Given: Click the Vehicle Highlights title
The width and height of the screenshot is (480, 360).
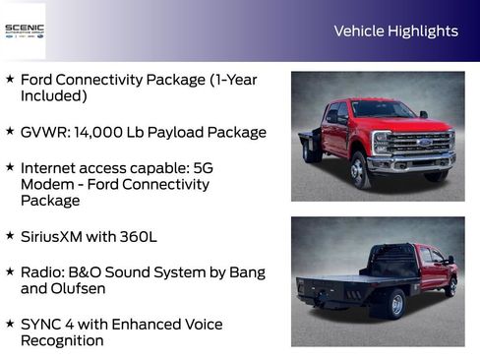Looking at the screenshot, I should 395,31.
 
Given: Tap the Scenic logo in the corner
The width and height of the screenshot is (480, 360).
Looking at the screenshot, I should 24,30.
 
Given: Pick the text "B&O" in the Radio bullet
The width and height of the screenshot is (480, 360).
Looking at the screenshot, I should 90,272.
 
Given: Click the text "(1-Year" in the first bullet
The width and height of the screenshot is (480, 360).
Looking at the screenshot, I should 231,80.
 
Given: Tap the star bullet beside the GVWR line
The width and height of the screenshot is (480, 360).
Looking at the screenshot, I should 10,131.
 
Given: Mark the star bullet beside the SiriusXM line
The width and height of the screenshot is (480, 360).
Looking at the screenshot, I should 10,236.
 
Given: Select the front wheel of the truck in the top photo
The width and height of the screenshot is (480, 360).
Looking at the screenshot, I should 360,170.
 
